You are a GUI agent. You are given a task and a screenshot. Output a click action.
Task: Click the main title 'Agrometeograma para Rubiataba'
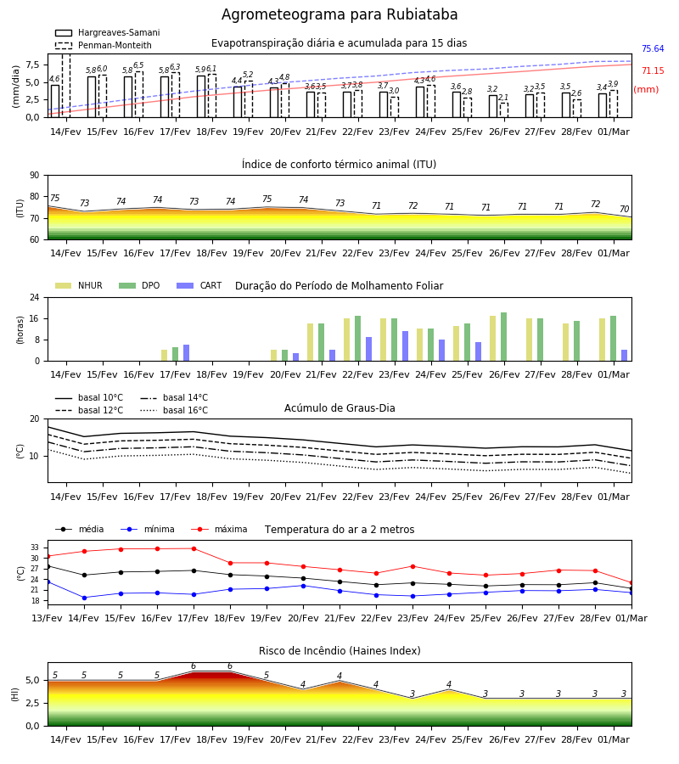339,14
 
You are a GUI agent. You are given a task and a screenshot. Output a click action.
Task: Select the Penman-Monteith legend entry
104,45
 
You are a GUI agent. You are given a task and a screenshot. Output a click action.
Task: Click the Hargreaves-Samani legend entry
107,32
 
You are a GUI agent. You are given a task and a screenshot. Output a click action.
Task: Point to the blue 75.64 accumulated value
653,48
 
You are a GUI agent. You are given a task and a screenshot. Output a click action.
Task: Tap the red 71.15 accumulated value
653,70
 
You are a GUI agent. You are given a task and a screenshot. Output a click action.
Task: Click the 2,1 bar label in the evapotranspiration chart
503,98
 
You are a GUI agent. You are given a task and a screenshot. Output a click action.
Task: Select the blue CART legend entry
199,285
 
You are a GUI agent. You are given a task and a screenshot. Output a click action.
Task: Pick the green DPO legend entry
139,285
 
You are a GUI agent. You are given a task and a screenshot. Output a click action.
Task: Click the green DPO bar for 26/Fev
503,337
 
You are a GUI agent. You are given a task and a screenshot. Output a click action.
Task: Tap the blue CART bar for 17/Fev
186,353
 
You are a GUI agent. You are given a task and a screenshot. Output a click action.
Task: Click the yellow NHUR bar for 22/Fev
347,340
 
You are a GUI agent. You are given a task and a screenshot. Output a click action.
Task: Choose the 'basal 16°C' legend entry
174,410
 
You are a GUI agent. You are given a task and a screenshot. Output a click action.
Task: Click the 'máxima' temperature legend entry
219,529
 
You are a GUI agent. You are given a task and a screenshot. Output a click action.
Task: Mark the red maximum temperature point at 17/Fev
194,548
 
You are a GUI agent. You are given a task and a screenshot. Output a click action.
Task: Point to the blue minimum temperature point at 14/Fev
84,598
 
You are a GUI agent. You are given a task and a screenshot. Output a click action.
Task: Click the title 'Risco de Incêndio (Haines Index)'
339,651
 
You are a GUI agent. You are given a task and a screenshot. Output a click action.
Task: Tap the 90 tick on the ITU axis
35,176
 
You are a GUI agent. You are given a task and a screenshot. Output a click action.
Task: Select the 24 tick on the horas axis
35,297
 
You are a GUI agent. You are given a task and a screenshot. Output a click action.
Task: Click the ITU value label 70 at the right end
624,209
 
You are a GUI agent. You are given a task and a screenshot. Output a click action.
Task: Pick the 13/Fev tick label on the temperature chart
48,618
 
